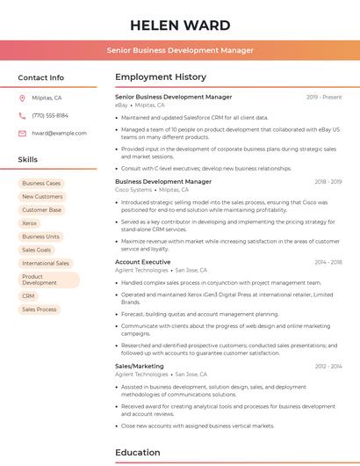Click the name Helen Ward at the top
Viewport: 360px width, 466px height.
point(180,25)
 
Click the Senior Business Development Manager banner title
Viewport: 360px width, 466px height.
point(180,50)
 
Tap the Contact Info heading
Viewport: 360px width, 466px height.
point(41,77)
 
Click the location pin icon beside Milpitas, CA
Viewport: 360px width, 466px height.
point(22,98)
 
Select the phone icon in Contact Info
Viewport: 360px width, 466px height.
point(22,115)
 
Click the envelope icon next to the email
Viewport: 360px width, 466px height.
point(22,133)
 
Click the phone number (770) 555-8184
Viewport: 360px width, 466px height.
point(50,115)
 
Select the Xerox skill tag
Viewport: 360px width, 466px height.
point(30,223)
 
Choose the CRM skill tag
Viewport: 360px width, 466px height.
point(29,296)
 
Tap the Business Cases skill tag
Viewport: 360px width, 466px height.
point(41,183)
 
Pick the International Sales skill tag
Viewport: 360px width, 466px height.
point(46,263)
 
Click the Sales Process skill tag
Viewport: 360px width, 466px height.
point(40,309)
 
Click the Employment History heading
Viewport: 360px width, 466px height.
point(161,77)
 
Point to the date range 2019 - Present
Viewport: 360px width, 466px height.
point(324,97)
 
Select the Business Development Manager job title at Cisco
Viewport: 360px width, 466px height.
point(163,181)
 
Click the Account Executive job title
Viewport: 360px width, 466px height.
point(143,262)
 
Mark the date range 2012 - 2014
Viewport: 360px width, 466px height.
point(328,366)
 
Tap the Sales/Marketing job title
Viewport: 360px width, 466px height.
point(140,366)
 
